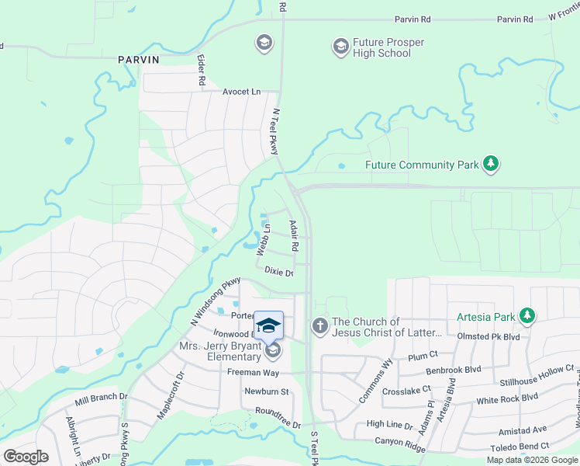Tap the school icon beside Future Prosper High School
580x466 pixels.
(x=340, y=47)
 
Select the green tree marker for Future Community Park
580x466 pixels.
(x=490, y=164)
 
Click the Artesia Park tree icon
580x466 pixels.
(x=527, y=315)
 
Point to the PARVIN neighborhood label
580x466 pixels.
(x=139, y=59)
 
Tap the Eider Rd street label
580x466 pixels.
(x=201, y=71)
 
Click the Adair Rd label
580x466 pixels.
(x=294, y=235)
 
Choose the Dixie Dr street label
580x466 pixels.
(x=279, y=273)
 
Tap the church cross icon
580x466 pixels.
(x=319, y=326)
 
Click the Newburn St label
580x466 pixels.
(x=266, y=391)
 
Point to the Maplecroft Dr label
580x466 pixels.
(x=170, y=400)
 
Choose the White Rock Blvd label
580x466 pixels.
(x=507, y=398)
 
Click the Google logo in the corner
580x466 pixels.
(x=26, y=457)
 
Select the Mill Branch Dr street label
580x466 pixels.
(x=101, y=400)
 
